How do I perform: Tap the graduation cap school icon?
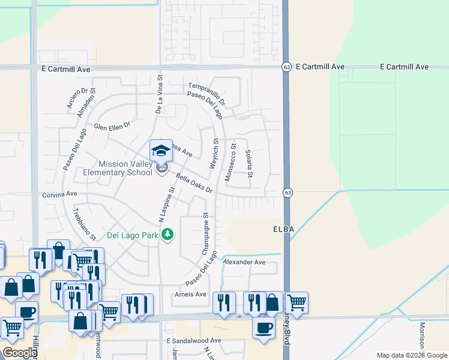(x=161, y=151)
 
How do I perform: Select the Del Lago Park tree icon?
(x=169, y=235)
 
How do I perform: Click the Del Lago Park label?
(x=132, y=235)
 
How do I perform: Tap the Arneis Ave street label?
(x=191, y=294)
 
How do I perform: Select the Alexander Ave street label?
(x=244, y=262)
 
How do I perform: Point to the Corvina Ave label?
(x=60, y=194)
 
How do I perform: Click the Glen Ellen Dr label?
(x=112, y=127)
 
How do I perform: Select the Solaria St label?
(x=249, y=164)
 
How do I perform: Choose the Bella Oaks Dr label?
(x=194, y=184)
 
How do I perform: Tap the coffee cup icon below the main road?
(x=263, y=328)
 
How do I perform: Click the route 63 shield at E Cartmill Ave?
(x=288, y=67)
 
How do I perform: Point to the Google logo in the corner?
(x=20, y=353)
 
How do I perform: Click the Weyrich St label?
(x=214, y=154)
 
